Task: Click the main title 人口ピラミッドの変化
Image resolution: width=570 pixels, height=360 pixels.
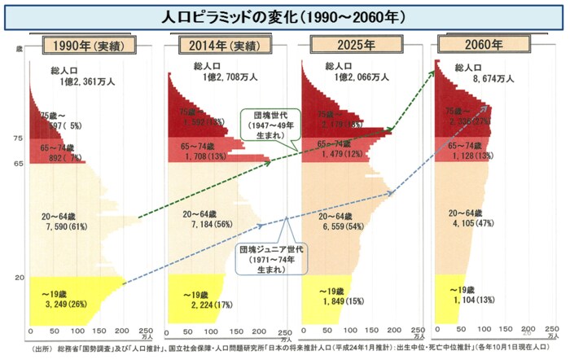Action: [284, 15]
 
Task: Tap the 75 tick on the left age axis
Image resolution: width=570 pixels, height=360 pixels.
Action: [18, 139]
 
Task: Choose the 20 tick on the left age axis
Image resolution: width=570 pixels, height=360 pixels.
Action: [18, 278]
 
